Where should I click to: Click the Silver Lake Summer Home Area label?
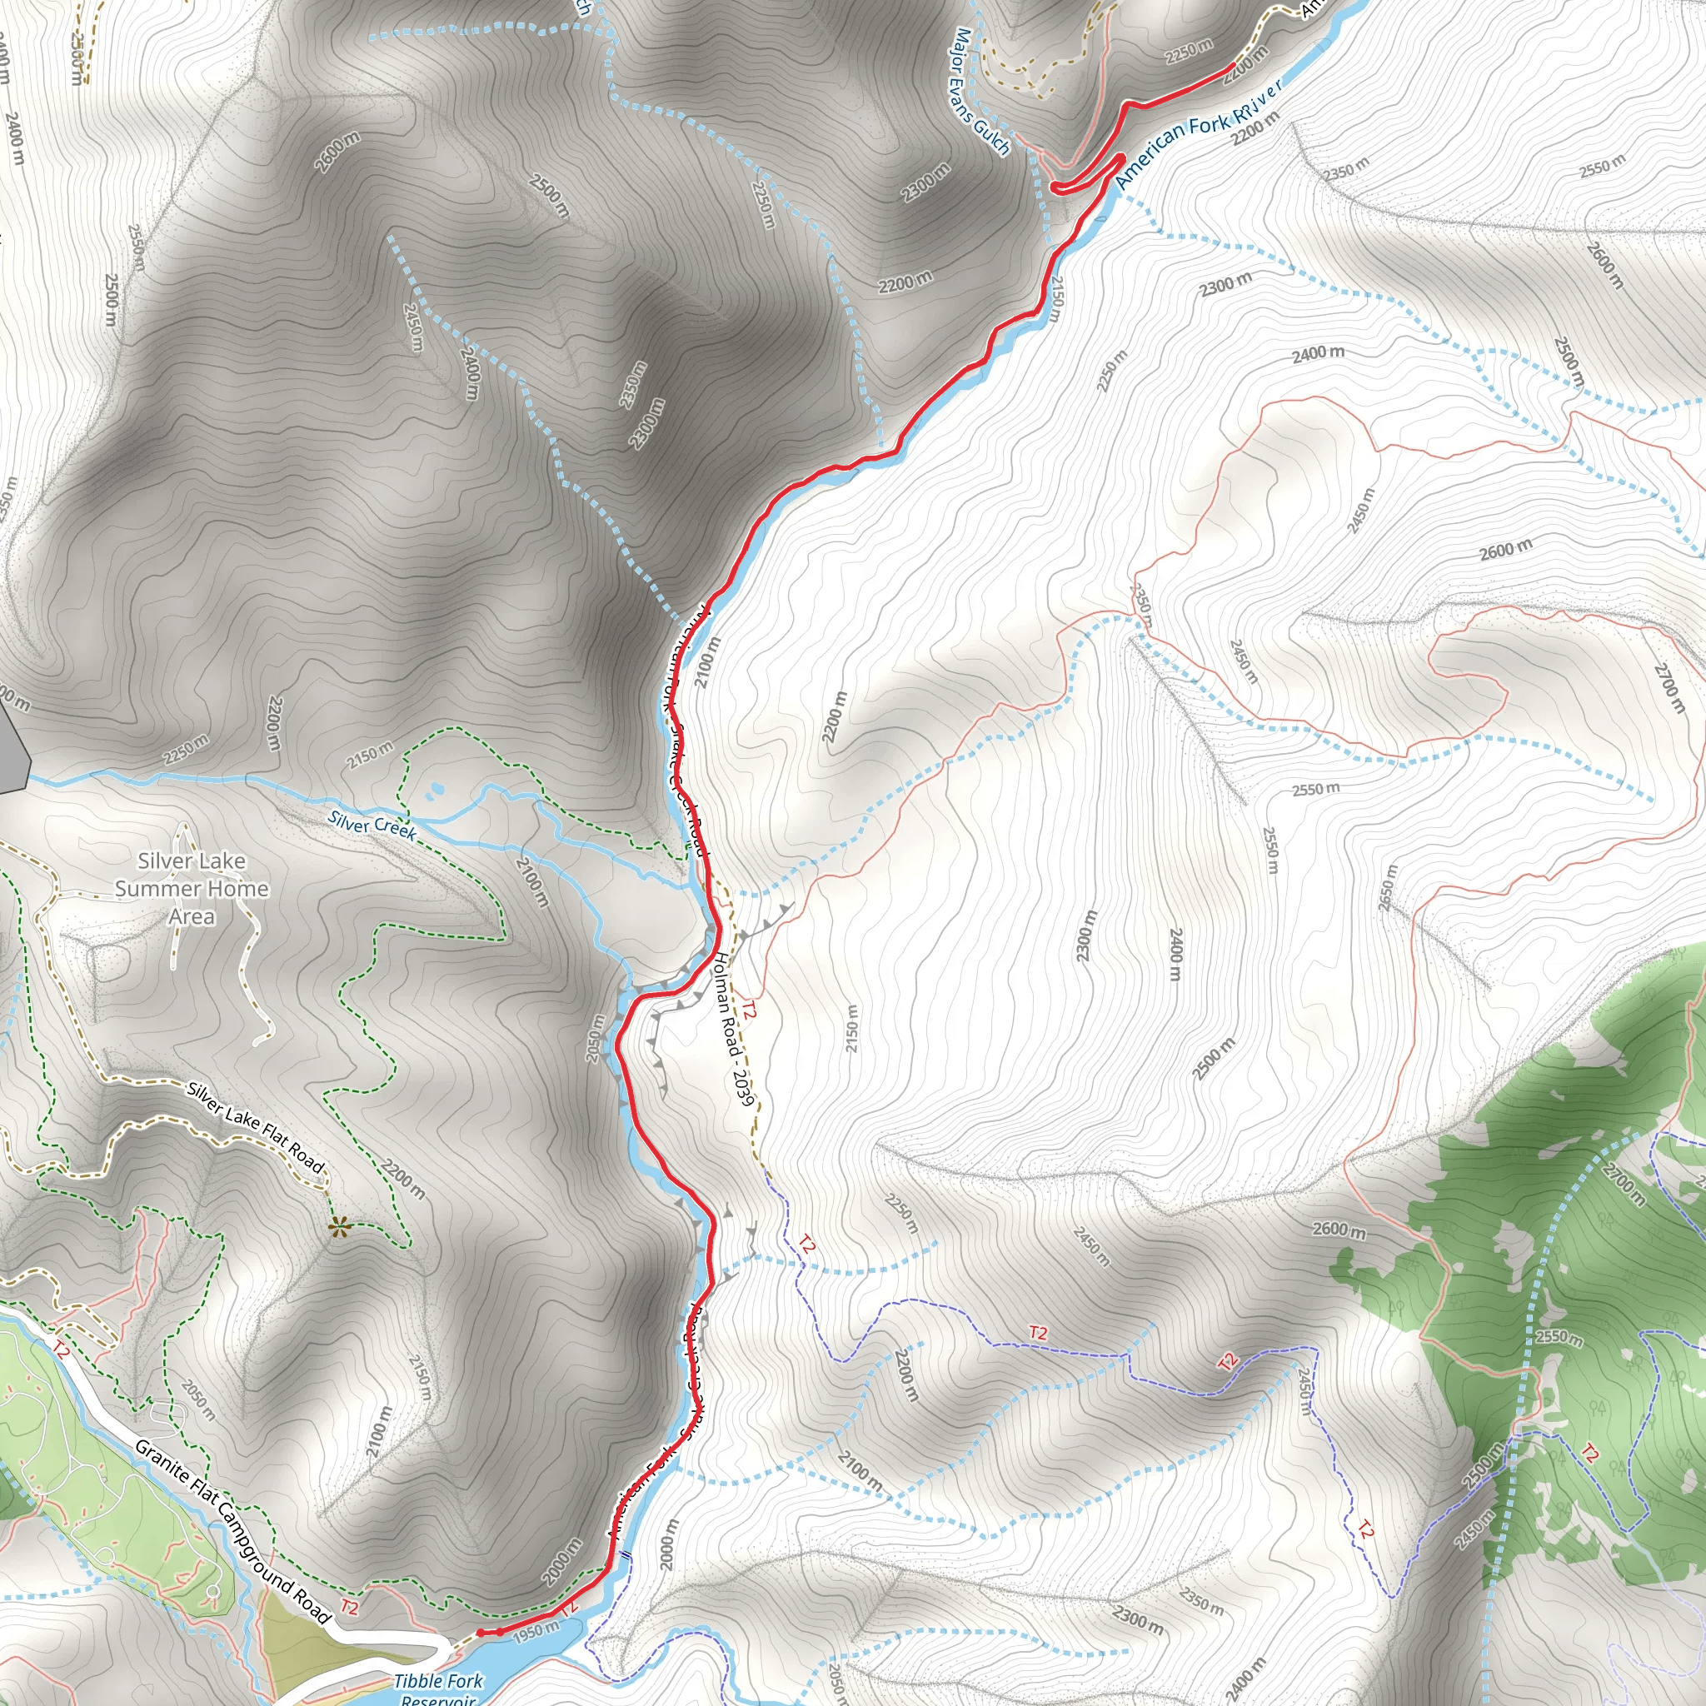point(192,888)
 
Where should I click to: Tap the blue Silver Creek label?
point(372,825)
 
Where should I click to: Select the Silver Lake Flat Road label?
point(257,1128)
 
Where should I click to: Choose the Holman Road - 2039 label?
point(734,1029)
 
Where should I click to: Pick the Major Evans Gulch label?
point(982,92)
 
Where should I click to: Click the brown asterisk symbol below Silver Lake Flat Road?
point(337,1226)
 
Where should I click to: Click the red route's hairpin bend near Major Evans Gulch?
point(1057,187)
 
